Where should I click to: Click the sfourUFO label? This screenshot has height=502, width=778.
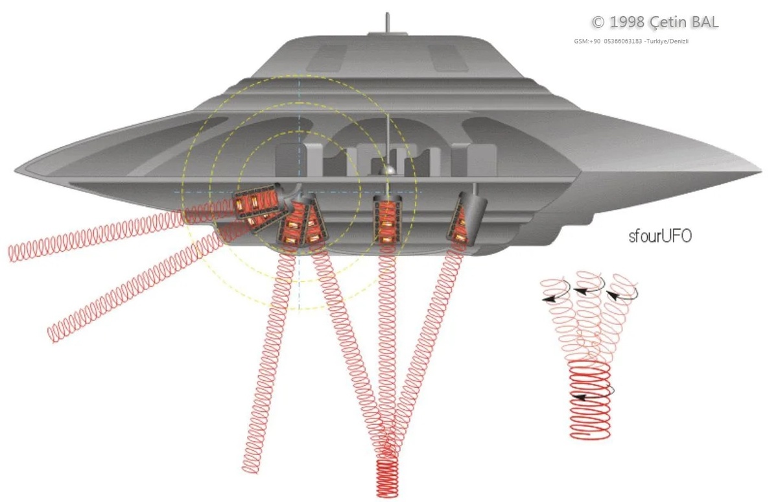point(660,236)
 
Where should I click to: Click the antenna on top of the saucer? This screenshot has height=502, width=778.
point(387,22)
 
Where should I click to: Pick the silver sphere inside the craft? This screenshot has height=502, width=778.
point(388,169)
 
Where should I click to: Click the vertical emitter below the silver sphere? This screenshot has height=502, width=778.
point(387,221)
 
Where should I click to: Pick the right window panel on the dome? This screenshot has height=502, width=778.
point(447,58)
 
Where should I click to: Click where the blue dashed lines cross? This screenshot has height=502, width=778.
point(299,192)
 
